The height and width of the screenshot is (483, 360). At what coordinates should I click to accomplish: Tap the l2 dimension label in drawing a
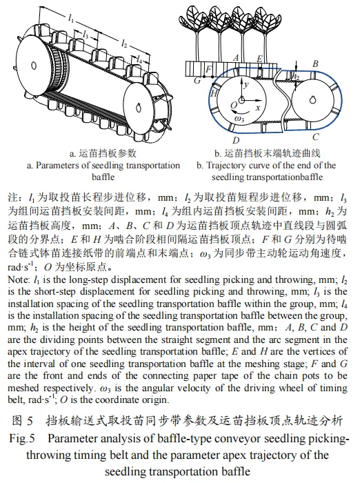pos(124,43)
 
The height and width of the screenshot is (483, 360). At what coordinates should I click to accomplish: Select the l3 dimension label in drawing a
pos(86,34)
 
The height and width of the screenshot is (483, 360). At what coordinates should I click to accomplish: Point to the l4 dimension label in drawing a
pos(139,59)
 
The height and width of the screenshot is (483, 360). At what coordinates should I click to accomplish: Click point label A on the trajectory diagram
pos(236,57)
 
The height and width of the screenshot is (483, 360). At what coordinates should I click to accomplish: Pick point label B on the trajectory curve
pos(315,63)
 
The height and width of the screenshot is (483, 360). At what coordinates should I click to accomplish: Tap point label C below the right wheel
pos(315,137)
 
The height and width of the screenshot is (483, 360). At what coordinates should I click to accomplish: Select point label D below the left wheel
pos(236,141)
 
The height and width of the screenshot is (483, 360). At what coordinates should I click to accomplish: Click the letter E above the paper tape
pos(259,59)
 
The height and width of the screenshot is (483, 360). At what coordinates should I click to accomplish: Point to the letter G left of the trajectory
pos(197,81)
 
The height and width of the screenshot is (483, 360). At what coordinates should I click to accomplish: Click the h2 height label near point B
pos(296,76)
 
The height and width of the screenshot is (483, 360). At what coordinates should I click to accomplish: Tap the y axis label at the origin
pos(246,84)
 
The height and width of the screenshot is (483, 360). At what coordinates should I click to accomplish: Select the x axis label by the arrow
pos(258,107)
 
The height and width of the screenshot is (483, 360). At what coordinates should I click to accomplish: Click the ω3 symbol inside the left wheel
pos(239,119)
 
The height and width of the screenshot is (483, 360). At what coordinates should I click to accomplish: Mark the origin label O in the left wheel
pos(234,106)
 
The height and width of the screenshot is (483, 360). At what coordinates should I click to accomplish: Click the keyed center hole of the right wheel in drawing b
pos(313,100)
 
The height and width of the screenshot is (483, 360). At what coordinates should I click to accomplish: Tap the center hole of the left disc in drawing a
pos(34,66)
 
